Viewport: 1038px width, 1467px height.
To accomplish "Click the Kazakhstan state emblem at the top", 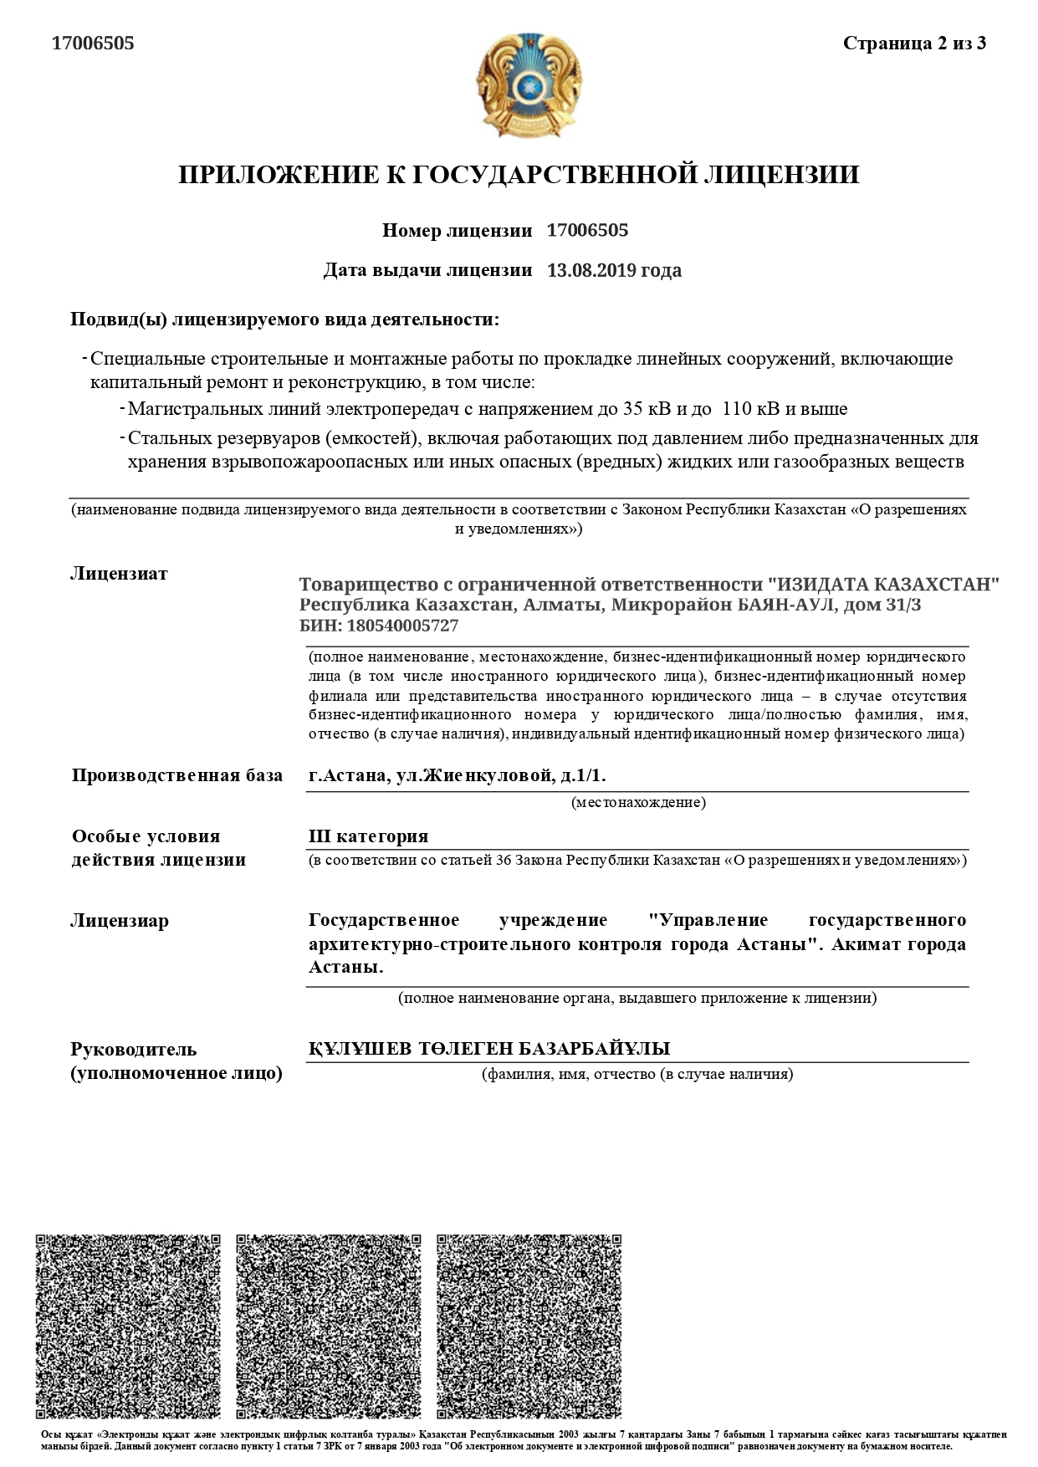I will coord(528,85).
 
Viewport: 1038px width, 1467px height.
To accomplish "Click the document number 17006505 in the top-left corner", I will coord(93,43).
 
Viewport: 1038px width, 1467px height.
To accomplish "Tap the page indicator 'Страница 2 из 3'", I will coord(914,43).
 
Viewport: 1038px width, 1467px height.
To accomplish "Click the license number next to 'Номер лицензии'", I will coord(587,230).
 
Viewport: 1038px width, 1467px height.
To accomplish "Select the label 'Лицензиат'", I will coord(119,574).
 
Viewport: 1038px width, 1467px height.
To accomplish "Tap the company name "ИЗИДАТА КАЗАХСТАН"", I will coord(883,584).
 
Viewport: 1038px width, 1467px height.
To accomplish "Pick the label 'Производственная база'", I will coord(177,775).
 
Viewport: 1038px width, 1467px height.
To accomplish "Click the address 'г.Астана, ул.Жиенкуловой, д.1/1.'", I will coord(457,775).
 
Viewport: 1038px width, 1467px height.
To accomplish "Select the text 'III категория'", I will coord(368,836).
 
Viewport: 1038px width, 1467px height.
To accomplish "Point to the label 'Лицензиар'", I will coord(120,921).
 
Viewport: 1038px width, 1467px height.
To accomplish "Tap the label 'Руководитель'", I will coord(134,1049).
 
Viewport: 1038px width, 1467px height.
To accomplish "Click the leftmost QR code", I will coord(128,1326).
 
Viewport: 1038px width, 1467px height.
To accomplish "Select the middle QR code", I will coord(329,1326).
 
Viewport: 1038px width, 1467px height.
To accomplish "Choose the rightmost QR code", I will coord(529,1326).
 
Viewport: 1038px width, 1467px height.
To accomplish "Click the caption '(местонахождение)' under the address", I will coord(638,803).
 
